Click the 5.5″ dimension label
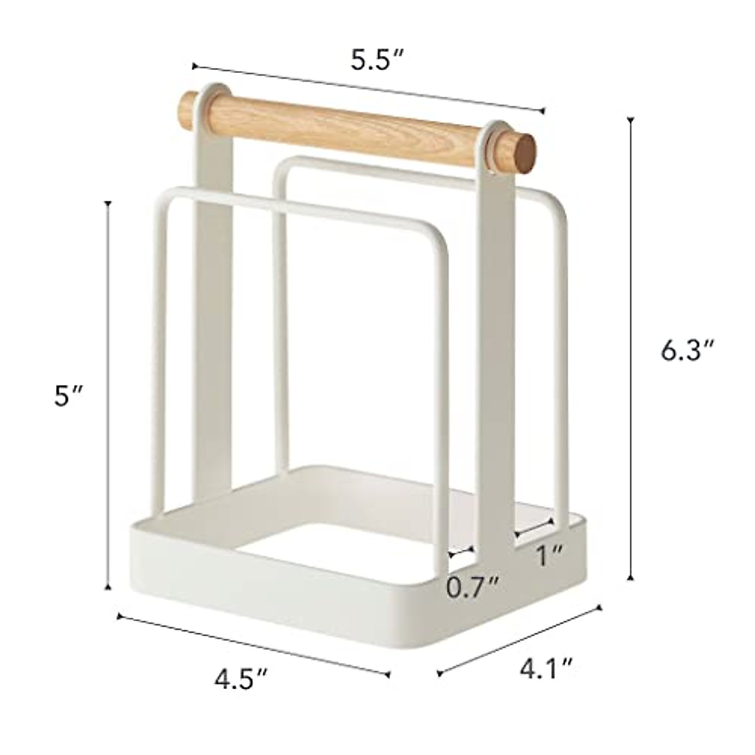click(x=376, y=60)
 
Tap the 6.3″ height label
click(x=688, y=351)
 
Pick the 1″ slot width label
click(x=549, y=555)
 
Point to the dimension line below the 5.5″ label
click(x=368, y=88)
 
